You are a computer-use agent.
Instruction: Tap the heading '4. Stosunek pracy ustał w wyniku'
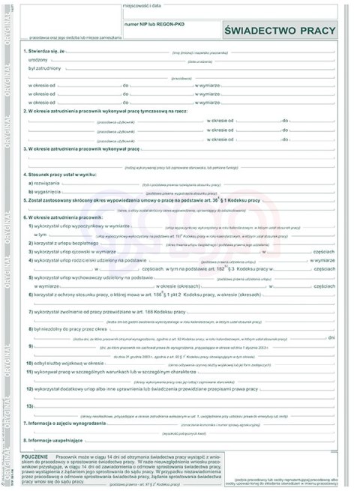tap(61, 174)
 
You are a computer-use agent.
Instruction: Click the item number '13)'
tap(31, 406)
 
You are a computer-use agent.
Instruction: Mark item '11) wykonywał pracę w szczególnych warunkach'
tap(105, 371)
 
